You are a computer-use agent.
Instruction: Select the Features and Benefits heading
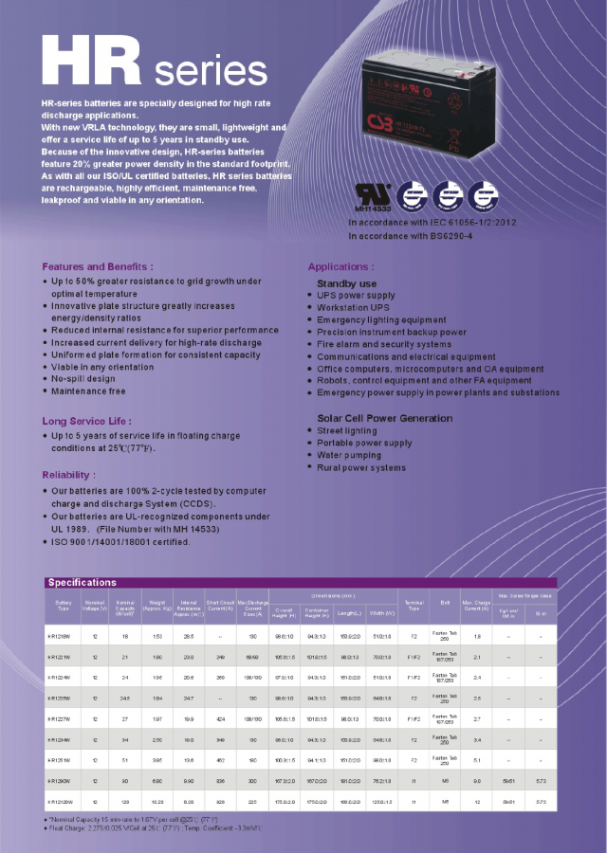[98, 266]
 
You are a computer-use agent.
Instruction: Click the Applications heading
[340, 266]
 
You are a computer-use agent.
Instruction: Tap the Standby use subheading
[346, 283]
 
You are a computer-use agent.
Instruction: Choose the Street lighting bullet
[347, 430]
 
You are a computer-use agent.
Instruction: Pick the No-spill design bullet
[83, 378]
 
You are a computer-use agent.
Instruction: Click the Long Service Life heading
[85, 420]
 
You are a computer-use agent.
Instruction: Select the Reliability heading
[68, 474]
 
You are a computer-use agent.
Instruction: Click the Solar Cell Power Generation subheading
[384, 418]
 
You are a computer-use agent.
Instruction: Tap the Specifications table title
[82, 582]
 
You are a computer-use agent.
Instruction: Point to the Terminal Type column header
[414, 604]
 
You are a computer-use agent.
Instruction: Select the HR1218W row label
[63, 636]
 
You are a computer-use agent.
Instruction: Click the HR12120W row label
[63, 801]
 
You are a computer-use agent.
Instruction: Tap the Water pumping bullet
[350, 455]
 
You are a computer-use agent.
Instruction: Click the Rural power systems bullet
[361, 467]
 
